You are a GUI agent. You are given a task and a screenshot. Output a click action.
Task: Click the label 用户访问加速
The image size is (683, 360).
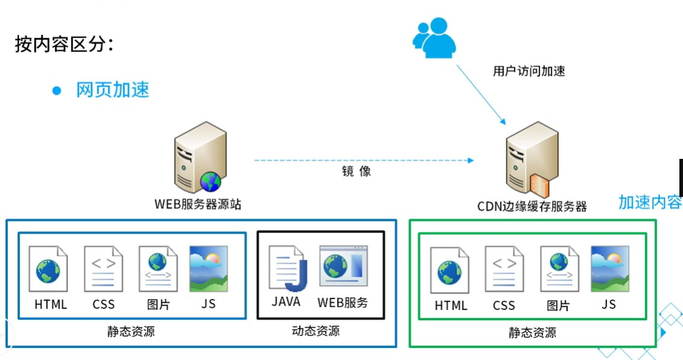pyautogui.click(x=529, y=71)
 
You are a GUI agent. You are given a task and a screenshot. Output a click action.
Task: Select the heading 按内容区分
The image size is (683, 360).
pyautogui.click(x=64, y=45)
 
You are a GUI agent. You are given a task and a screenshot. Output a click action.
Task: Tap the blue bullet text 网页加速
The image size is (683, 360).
pyautogui.click(x=112, y=90)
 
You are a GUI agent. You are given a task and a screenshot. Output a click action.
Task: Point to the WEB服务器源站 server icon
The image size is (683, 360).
pyautogui.click(x=199, y=156)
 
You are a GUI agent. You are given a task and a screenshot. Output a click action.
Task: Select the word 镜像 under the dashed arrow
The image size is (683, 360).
pyautogui.click(x=356, y=171)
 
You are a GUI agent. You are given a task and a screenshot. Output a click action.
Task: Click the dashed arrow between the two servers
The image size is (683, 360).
pyautogui.click(x=362, y=160)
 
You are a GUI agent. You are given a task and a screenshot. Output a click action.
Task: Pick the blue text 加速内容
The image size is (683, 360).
pyautogui.click(x=650, y=202)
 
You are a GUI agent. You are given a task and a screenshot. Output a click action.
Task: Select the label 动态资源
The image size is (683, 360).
pyautogui.click(x=315, y=331)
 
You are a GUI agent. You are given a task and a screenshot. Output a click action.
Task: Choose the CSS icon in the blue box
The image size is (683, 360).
pyautogui.click(x=103, y=269)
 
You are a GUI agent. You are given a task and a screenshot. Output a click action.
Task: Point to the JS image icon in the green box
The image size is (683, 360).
pyautogui.click(x=609, y=269)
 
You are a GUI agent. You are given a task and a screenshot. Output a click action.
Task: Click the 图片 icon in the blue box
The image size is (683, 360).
pyautogui.click(x=158, y=269)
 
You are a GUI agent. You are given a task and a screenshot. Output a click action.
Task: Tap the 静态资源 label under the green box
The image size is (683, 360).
pyautogui.click(x=532, y=333)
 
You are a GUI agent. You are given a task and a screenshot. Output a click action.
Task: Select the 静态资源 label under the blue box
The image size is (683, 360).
pyautogui.click(x=131, y=331)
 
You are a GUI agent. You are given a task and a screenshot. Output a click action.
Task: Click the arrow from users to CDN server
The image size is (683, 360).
pyautogui.click(x=481, y=92)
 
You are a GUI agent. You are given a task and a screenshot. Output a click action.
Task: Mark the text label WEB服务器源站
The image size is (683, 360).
pyautogui.click(x=197, y=204)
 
